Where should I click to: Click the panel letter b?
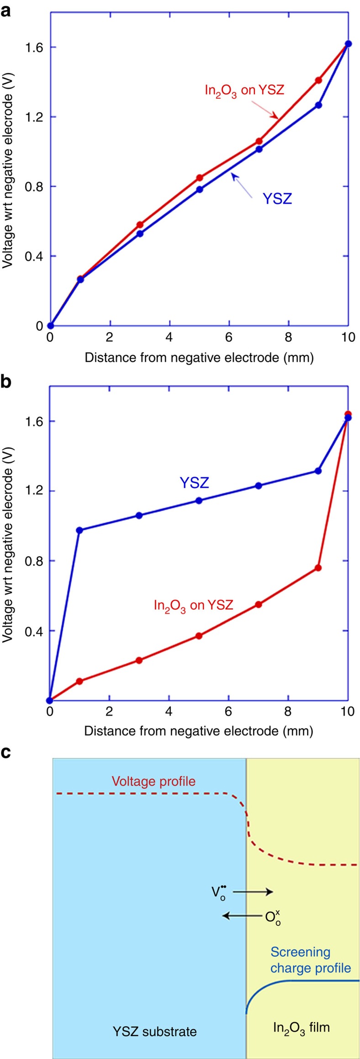pos(6,381)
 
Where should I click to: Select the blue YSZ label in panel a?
pos(277,199)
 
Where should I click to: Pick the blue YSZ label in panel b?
pos(194,483)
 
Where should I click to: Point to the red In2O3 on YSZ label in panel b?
pos(193,606)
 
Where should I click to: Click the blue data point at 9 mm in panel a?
pos(318,105)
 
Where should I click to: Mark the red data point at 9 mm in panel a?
pos(318,80)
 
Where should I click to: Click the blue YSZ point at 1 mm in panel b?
pos(79,530)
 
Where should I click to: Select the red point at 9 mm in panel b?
pos(318,568)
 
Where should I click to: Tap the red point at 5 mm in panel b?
pos(199,636)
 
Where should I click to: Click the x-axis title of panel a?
pos(199,357)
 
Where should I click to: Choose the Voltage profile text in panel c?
pos(154,781)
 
